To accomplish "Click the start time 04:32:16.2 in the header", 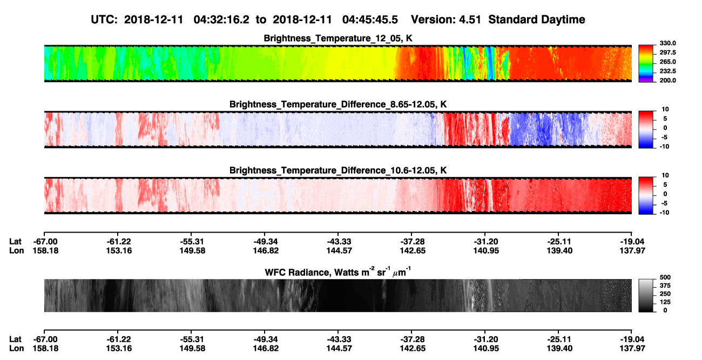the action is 221,19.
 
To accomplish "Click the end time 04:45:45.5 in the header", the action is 370,19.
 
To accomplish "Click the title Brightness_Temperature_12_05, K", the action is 338,38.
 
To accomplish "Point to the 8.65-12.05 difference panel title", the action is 338,104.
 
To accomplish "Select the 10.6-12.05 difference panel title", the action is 338,171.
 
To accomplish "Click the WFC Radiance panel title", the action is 338,272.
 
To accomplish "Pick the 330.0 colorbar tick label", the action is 667,43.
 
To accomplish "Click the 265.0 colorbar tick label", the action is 667,62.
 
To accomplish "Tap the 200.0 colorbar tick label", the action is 667,80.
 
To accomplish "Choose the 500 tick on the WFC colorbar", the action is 665,277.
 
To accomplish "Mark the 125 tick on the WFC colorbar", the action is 665,302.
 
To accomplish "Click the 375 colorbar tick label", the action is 665,286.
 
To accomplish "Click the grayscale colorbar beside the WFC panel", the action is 646,295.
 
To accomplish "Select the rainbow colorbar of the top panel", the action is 646,64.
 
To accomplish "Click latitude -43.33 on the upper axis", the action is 339,242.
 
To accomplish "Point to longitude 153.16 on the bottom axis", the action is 119,349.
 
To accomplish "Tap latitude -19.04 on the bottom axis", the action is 632,339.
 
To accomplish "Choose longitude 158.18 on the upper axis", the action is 45,250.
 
